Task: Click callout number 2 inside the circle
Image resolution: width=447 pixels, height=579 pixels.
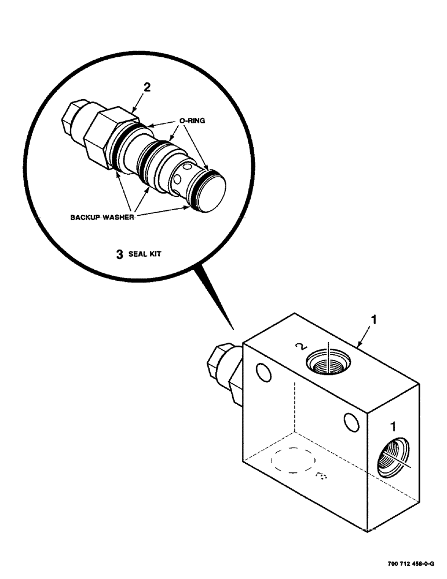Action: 147,88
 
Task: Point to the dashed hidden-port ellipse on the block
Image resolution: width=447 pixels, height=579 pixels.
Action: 292,463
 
